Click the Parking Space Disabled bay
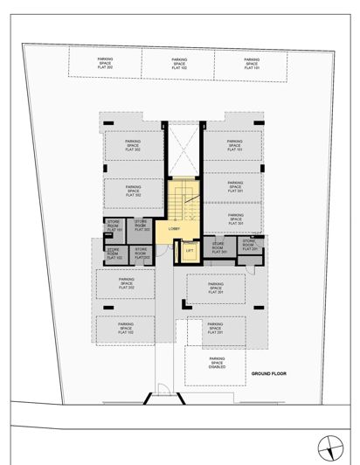[216, 363]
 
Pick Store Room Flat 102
[114, 254]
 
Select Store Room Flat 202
[142, 254]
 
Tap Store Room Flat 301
[218, 248]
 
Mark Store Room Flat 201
[250, 246]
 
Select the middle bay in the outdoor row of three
[179, 62]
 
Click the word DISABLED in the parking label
[216, 367]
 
